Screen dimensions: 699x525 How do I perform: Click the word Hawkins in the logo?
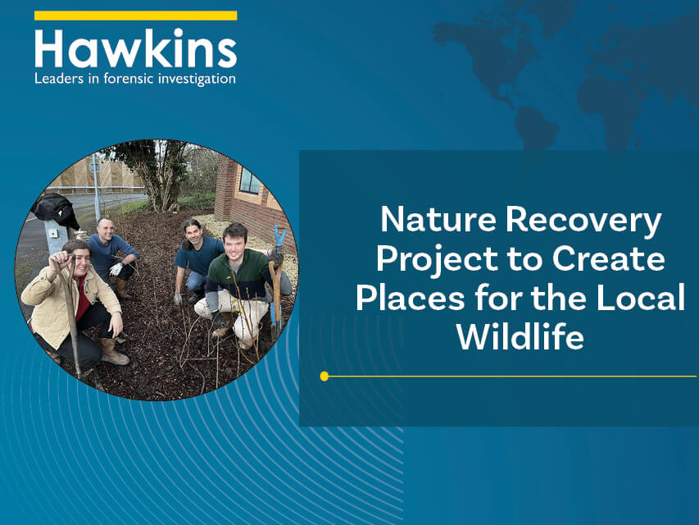point(135,48)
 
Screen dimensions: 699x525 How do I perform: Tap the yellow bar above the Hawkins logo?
point(135,16)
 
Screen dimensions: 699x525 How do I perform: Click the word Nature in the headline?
point(438,219)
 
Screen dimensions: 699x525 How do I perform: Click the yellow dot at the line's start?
point(324,377)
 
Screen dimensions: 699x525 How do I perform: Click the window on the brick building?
point(250,180)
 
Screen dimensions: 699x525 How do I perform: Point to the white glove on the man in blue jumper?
point(116,269)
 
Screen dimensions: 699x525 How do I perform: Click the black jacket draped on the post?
point(56,208)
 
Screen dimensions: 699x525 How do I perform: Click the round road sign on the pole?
point(94,167)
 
